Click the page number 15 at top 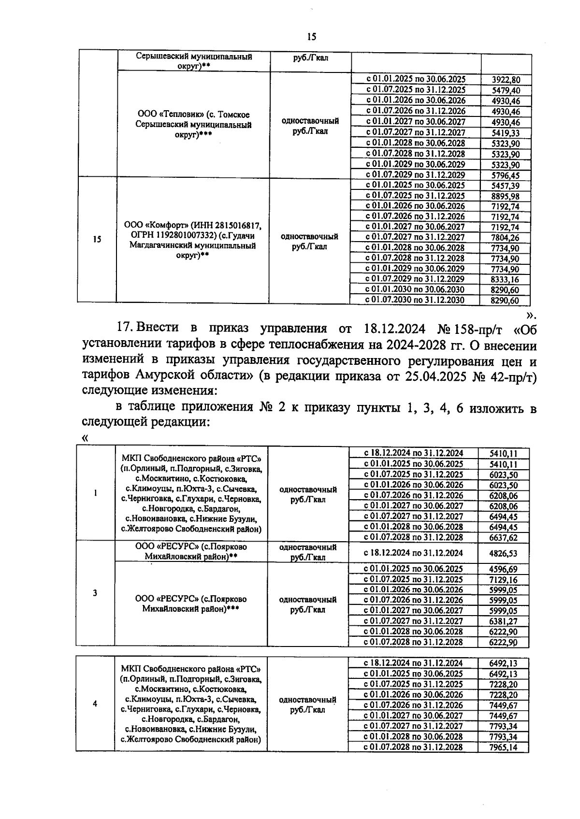[x=311, y=37]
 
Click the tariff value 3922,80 [x=505, y=80]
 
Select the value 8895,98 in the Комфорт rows [x=505, y=196]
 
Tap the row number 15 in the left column [x=97, y=239]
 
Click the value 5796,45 [x=505, y=175]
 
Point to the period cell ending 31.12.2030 [x=415, y=300]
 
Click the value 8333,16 [x=505, y=279]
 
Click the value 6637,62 [x=503, y=538]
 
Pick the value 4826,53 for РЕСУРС [x=503, y=553]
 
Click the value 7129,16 [x=503, y=580]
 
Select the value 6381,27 [x=503, y=621]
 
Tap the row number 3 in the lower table [x=95, y=593]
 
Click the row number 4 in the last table [x=95, y=704]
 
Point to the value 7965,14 [x=503, y=747]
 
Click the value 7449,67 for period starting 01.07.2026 [x=503, y=705]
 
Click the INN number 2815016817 [x=237, y=226]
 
